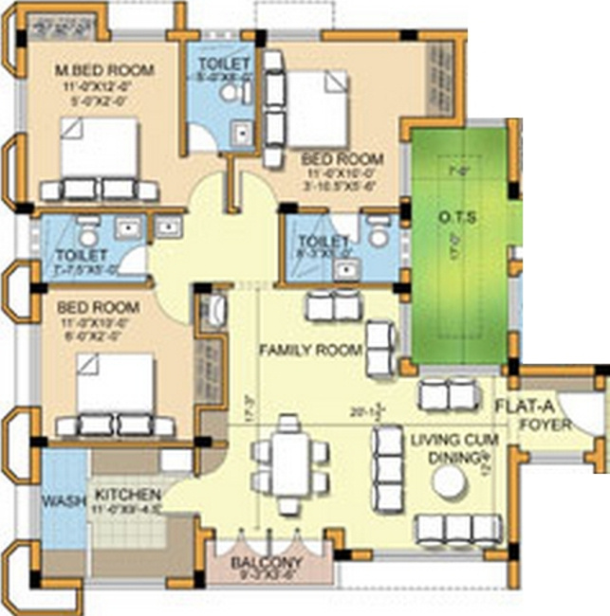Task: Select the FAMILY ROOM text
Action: click(x=311, y=351)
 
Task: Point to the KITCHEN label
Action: click(x=127, y=495)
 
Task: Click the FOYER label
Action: click(x=545, y=425)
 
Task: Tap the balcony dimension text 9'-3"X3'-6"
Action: click(x=269, y=573)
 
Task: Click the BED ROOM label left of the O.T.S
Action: click(x=342, y=158)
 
